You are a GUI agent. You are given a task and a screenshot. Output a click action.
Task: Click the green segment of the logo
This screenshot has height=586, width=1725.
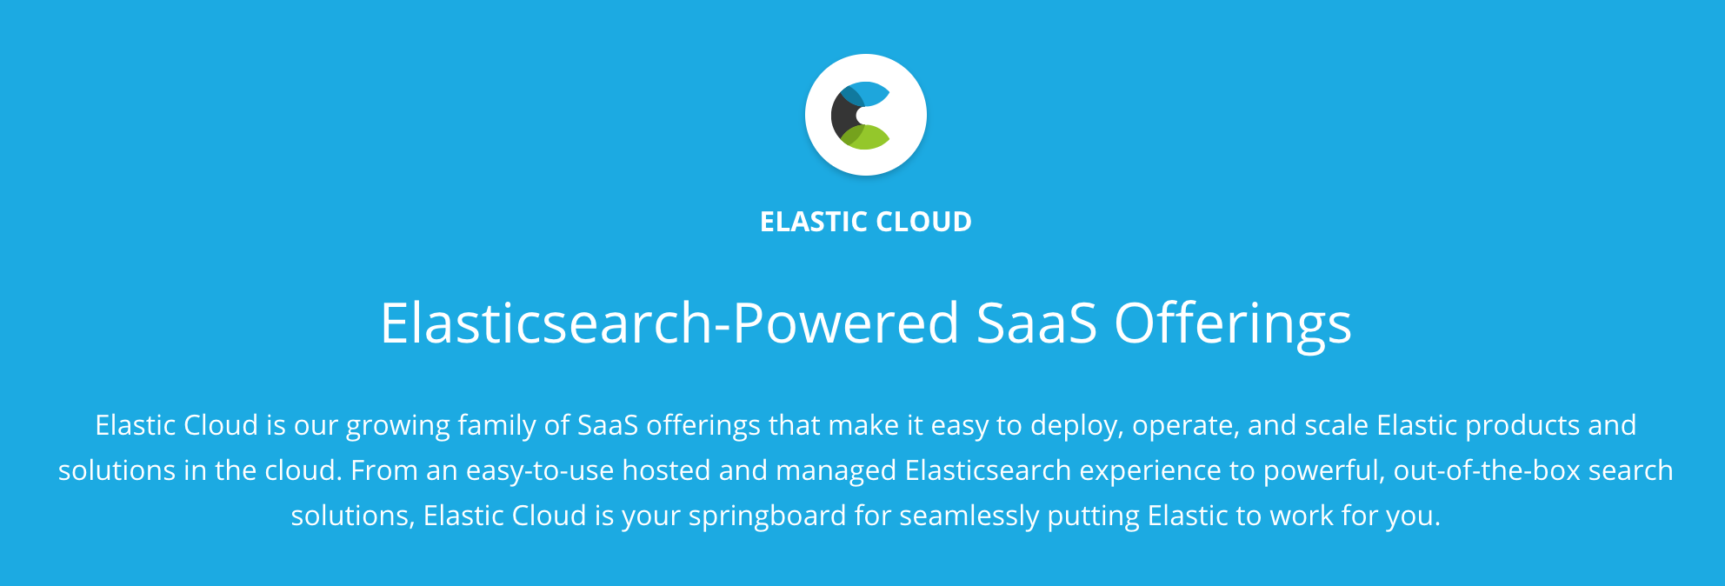click(866, 137)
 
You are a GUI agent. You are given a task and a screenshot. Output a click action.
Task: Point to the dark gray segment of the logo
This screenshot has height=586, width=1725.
click(844, 115)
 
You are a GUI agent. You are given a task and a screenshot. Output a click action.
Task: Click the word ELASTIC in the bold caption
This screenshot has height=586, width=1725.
click(813, 222)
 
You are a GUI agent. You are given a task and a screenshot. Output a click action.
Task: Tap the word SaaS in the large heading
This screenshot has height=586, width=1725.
click(1036, 323)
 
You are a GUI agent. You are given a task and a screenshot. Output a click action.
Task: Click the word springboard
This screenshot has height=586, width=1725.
click(767, 516)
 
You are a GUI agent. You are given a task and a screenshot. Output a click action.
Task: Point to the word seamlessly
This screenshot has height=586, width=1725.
click(969, 516)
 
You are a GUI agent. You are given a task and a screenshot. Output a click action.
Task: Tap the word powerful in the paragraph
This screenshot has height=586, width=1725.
click(1323, 471)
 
